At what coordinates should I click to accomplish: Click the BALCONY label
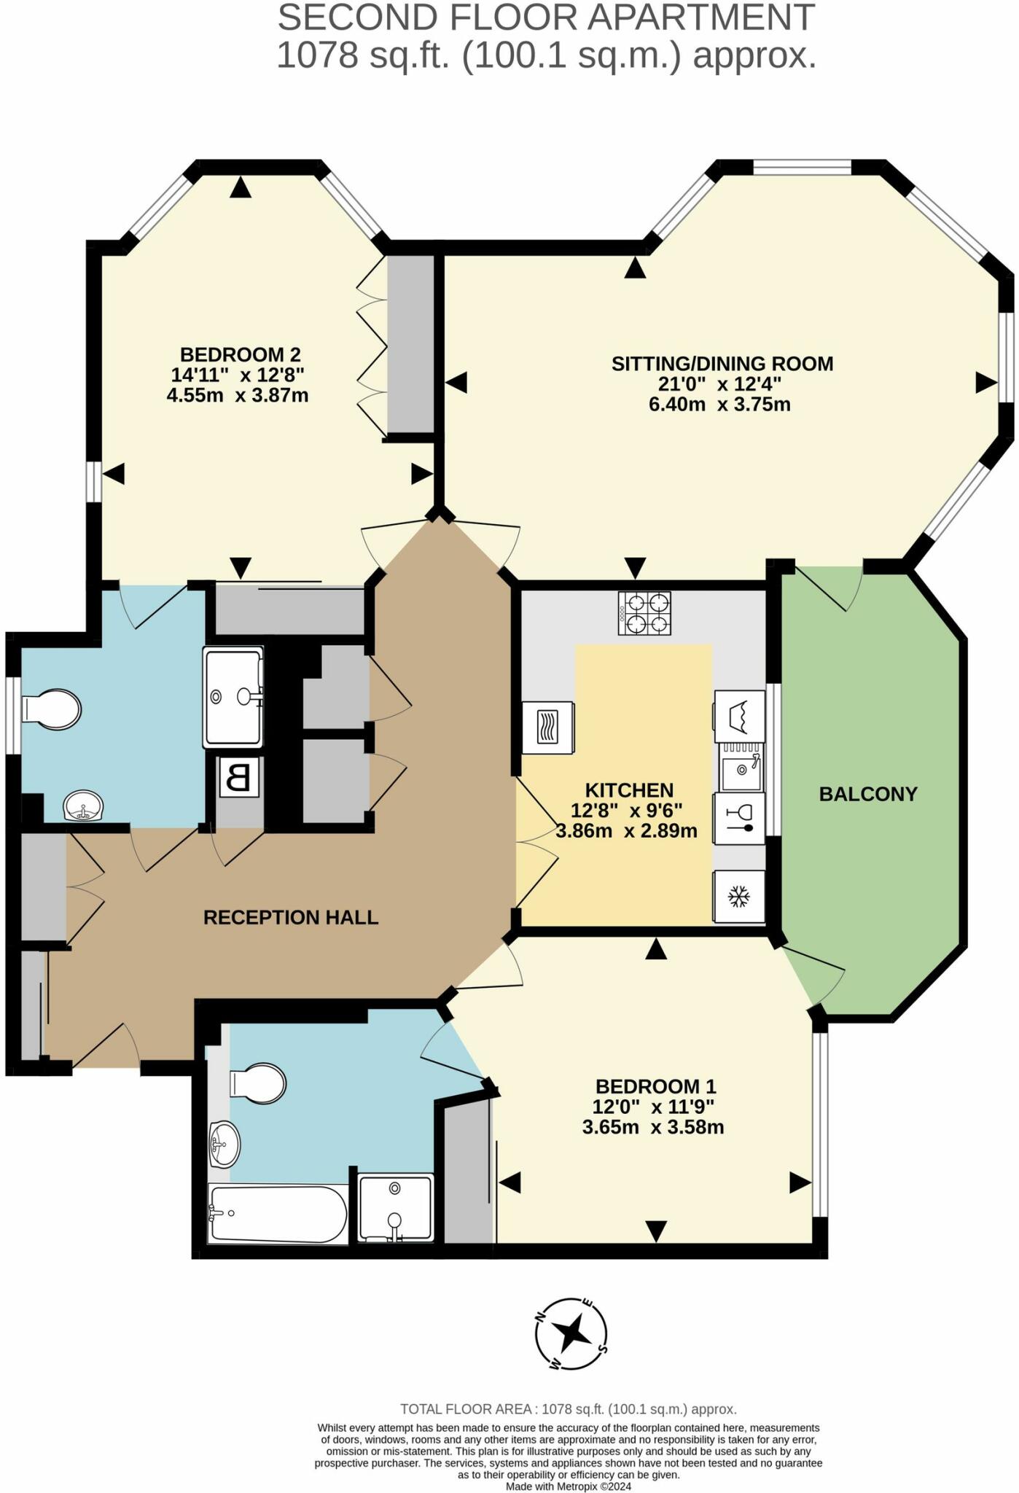(867, 794)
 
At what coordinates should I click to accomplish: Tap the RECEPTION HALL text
(291, 917)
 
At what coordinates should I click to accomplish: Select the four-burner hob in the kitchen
(644, 613)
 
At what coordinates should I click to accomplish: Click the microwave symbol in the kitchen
(548, 728)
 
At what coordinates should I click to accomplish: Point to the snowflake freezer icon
(739, 897)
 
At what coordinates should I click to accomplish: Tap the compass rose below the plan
(572, 1334)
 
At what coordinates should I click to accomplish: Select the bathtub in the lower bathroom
(277, 1214)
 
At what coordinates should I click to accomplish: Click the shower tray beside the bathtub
(396, 1207)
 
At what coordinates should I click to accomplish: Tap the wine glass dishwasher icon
(739, 818)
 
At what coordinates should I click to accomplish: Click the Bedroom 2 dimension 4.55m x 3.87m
(238, 396)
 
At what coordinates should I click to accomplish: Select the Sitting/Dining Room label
(722, 364)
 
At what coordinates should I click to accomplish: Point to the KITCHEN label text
(629, 790)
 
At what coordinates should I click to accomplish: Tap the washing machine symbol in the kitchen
(739, 716)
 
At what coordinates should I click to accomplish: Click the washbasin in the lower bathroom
(225, 1144)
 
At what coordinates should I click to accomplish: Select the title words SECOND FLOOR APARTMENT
(545, 17)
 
